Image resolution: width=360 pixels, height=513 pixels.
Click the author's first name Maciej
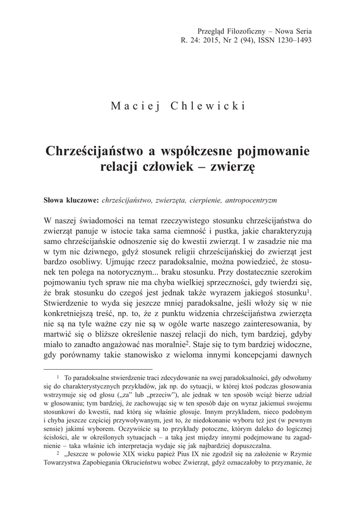134,106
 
